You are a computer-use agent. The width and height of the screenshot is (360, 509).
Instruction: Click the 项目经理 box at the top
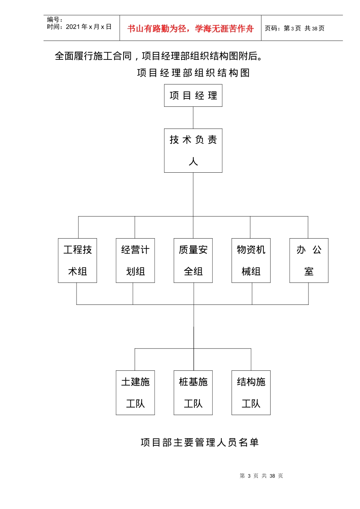[193, 95]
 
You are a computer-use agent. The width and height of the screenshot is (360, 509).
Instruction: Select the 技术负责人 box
[193, 150]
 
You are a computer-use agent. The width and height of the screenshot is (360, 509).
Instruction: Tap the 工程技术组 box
[77, 261]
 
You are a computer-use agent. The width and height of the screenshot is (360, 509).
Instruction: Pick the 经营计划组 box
[135, 261]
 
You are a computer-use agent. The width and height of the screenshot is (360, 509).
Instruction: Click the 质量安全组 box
[193, 261]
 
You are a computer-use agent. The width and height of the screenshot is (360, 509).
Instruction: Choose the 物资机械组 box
[251, 261]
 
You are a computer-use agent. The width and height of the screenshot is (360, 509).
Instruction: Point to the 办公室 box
[309, 261]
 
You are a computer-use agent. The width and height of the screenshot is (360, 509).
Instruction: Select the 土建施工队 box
[135, 393]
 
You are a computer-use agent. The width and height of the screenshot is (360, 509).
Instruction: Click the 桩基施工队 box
[193, 393]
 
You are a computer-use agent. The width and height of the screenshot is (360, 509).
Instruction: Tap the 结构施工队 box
[251, 393]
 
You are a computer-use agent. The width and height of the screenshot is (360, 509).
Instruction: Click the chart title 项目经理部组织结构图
[193, 73]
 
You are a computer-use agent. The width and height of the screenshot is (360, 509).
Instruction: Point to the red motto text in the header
[190, 28]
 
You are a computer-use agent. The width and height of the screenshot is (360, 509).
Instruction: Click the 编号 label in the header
[55, 19]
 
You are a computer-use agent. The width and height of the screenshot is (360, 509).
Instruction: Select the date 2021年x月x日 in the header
[88, 27]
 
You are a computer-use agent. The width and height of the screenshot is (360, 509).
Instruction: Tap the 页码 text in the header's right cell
[294, 28]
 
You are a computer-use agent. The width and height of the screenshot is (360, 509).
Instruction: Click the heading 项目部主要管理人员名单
[199, 442]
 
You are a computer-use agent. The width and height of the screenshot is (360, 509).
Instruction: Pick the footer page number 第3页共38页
[261, 476]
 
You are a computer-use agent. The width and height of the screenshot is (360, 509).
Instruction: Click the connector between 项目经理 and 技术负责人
[193, 117]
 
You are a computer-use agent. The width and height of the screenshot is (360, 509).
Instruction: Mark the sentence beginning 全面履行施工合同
[159, 56]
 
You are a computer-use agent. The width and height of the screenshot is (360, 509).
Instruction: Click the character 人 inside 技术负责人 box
[193, 162]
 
